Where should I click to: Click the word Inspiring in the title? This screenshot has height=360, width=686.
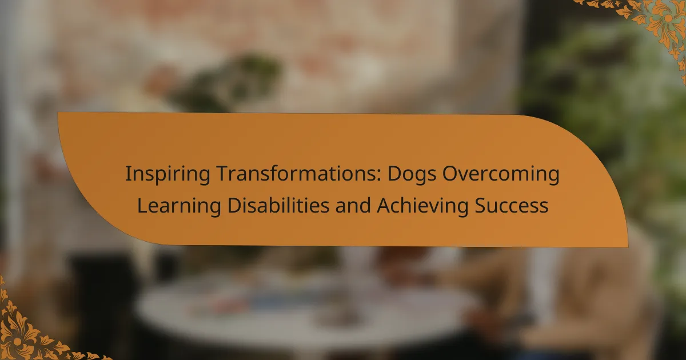[168, 174]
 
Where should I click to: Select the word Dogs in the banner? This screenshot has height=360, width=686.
[412, 174]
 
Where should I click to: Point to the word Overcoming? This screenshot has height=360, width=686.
[501, 174]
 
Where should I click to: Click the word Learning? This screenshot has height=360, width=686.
[179, 206]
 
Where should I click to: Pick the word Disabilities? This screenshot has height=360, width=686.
[278, 205]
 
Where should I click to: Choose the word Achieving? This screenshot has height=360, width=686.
[422, 206]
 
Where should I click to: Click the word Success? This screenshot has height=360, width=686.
[512, 206]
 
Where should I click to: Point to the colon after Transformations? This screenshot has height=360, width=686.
[379, 176]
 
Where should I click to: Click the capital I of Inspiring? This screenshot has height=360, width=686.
[127, 174]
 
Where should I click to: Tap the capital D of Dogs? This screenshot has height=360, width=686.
[395, 174]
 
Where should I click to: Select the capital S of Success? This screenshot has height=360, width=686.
[480, 206]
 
